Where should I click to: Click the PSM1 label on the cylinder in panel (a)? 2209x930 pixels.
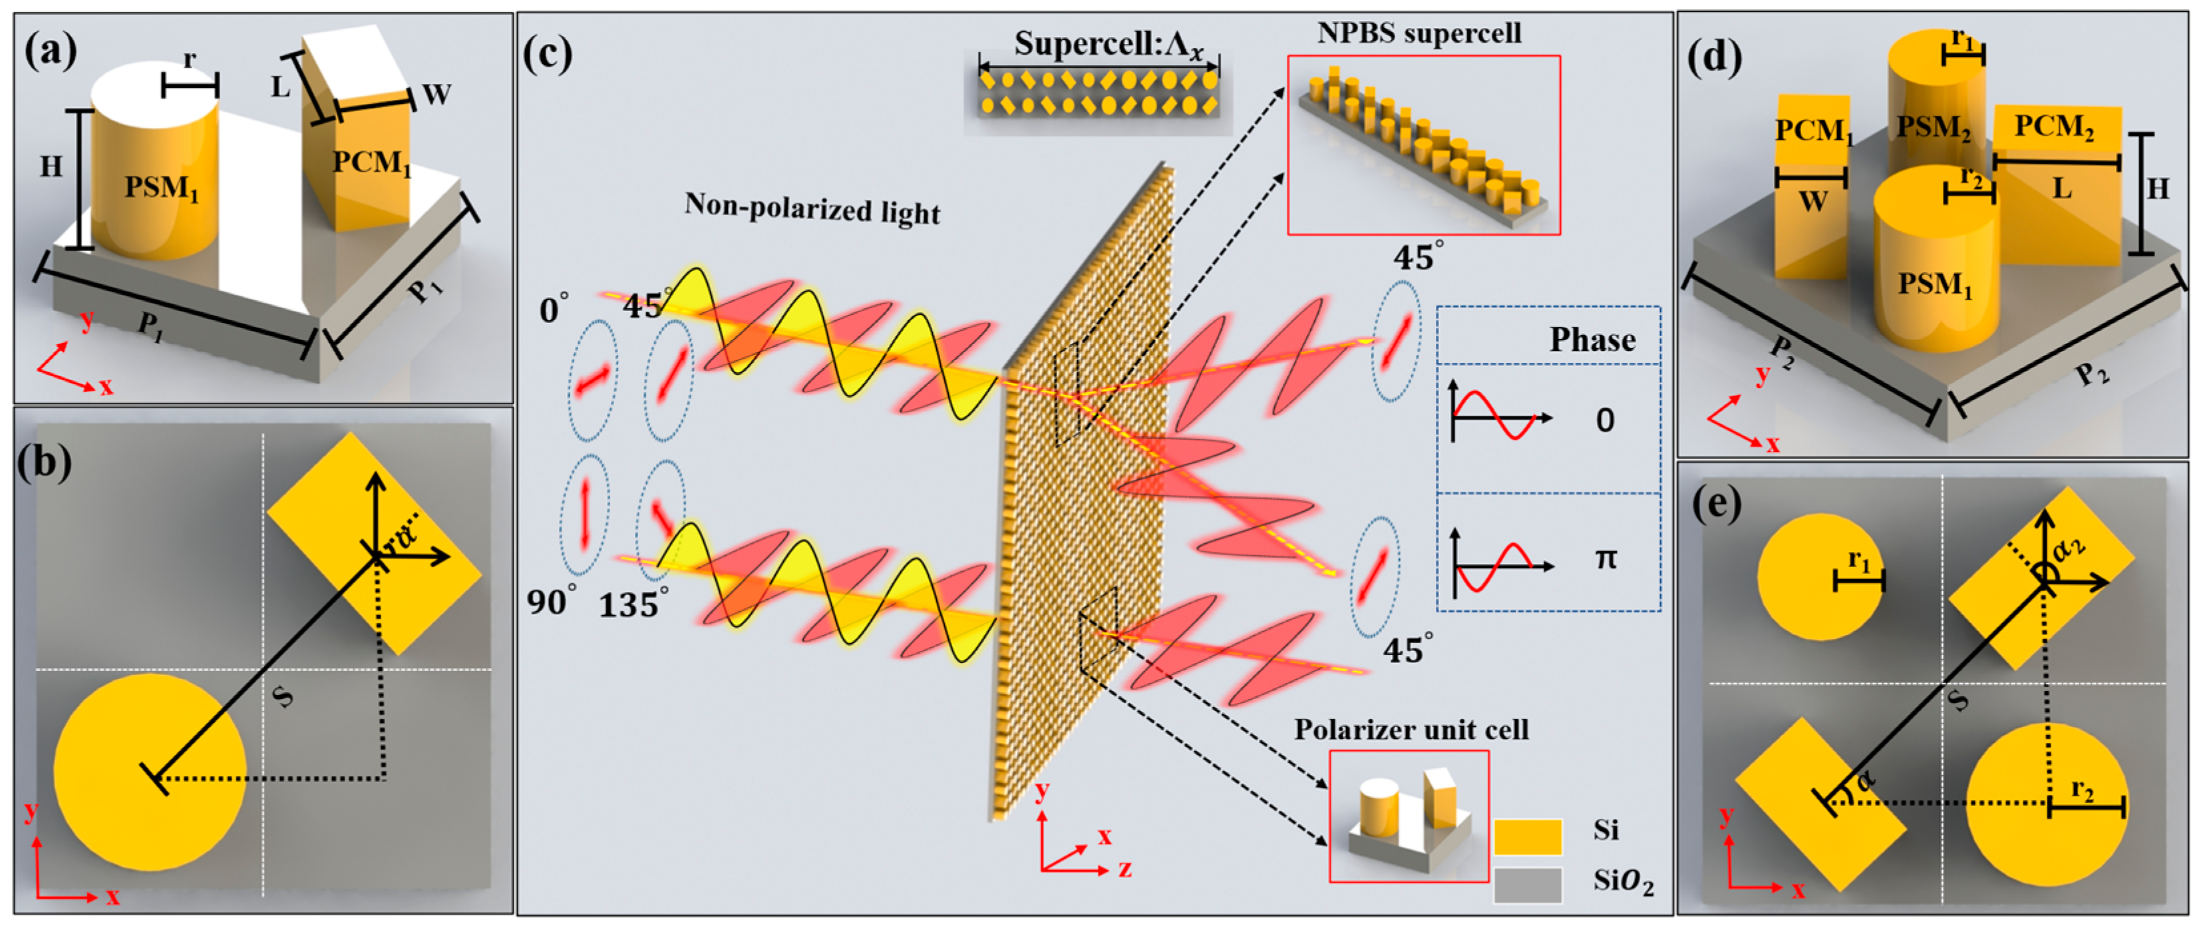[x=161, y=187]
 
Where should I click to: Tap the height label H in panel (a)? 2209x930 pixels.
[x=51, y=166]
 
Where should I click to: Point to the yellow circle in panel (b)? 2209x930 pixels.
[x=150, y=772]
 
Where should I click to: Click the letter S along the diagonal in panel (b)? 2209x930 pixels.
[x=282, y=696]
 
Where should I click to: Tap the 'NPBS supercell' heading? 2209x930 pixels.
[x=1419, y=33]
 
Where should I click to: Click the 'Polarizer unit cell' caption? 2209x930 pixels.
[x=1411, y=730]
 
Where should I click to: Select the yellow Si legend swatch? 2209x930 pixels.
[x=1527, y=837]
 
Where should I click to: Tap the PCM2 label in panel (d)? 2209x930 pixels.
[x=2054, y=127]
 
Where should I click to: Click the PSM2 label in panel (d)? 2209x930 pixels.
[x=1933, y=128]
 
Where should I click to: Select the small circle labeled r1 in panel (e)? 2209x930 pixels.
[x=1820, y=577]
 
